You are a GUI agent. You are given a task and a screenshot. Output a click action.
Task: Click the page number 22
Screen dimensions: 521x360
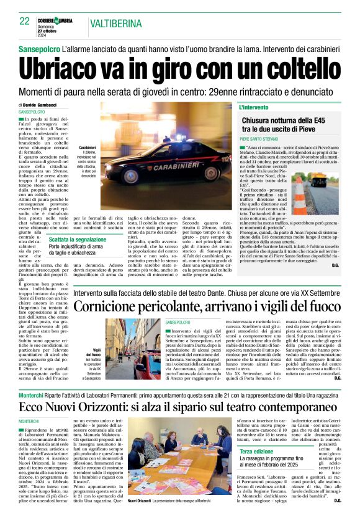tap(25, 21)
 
